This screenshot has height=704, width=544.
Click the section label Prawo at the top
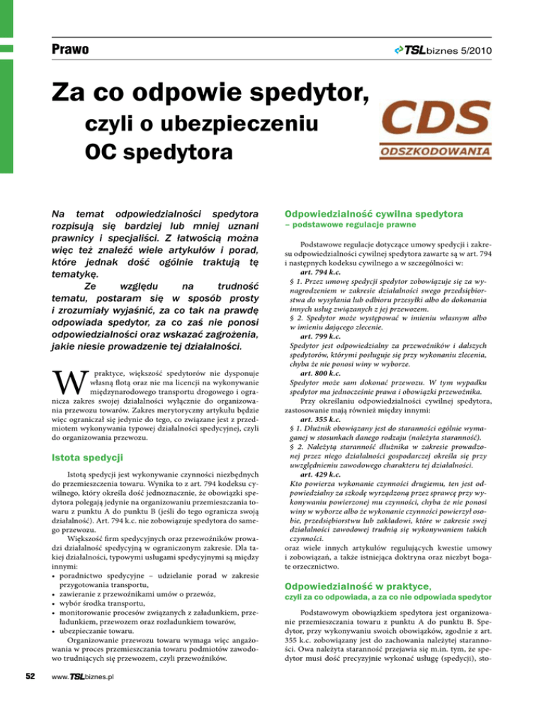click(68, 50)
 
